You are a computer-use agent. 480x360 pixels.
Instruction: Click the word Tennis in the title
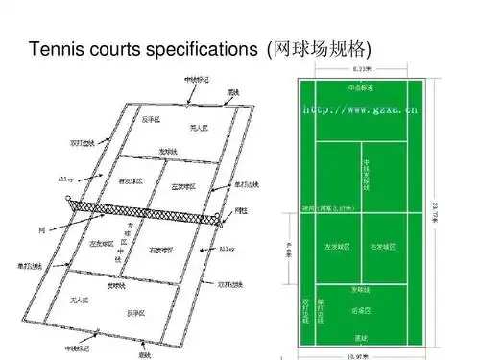[x=55, y=49]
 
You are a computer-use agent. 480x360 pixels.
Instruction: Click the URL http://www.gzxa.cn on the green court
[x=361, y=110]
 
